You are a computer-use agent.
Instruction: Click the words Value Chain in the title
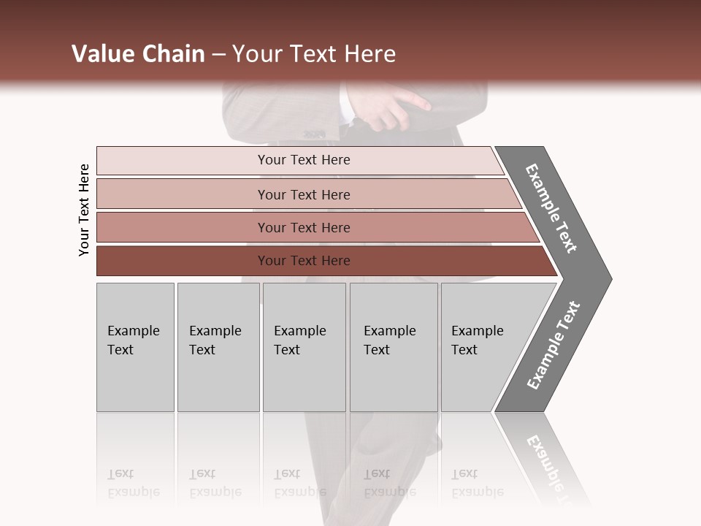pos(138,54)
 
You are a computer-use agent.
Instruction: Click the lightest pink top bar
pos(183,161)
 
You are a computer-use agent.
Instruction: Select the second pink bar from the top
pos(183,194)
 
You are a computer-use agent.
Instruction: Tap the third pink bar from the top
pos(183,227)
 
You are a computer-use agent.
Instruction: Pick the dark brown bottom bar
pos(183,261)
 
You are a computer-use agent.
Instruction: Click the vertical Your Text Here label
pos(84,210)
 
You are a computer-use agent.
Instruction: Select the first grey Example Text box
pos(135,347)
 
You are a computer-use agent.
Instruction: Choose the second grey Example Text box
pos(218,347)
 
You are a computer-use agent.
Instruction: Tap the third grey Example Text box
pos(304,347)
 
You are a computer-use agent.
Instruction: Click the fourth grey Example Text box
pos(394,347)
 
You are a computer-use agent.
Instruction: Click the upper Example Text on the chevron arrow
pos(551,208)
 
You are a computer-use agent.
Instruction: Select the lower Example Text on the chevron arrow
pos(553,346)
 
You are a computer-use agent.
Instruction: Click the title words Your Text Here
pos(314,54)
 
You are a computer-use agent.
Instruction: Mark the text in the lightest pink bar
pos(304,160)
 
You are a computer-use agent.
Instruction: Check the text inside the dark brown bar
pos(304,261)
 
